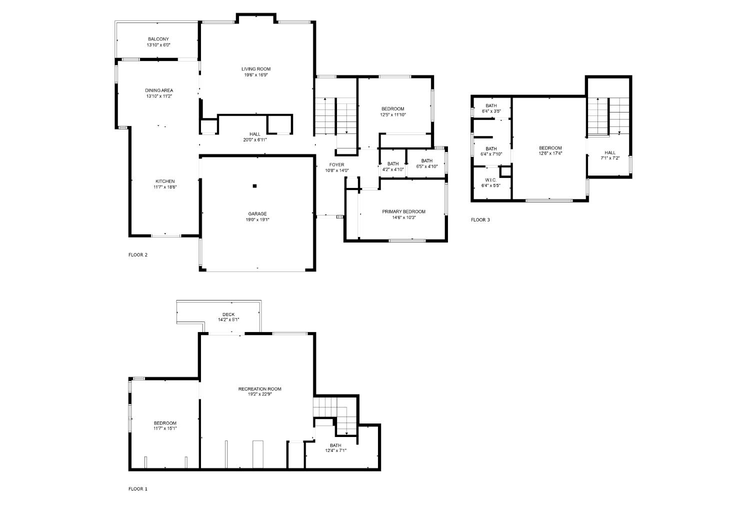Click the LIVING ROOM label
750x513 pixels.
(x=256, y=69)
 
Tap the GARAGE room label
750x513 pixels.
(x=257, y=213)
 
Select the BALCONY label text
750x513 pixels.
(x=158, y=39)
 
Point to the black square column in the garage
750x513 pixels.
(x=254, y=186)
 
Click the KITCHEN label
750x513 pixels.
(x=164, y=181)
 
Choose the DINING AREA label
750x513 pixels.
(x=159, y=90)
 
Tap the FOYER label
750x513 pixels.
(x=336, y=164)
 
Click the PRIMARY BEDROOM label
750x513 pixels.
(x=404, y=211)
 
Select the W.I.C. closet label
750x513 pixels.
(x=490, y=180)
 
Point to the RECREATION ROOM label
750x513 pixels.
(x=259, y=389)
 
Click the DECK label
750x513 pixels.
(x=228, y=314)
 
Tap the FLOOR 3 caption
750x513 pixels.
(x=480, y=219)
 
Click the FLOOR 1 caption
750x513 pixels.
(x=137, y=488)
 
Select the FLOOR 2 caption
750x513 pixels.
(x=137, y=254)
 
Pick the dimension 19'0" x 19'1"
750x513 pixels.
(x=257, y=219)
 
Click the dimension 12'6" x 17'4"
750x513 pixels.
(x=550, y=153)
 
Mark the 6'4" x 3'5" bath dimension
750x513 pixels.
(x=491, y=111)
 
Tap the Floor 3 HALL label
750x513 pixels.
(x=610, y=152)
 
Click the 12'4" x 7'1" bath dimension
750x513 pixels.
(x=335, y=450)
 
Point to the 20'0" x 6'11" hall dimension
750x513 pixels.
(x=255, y=140)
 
